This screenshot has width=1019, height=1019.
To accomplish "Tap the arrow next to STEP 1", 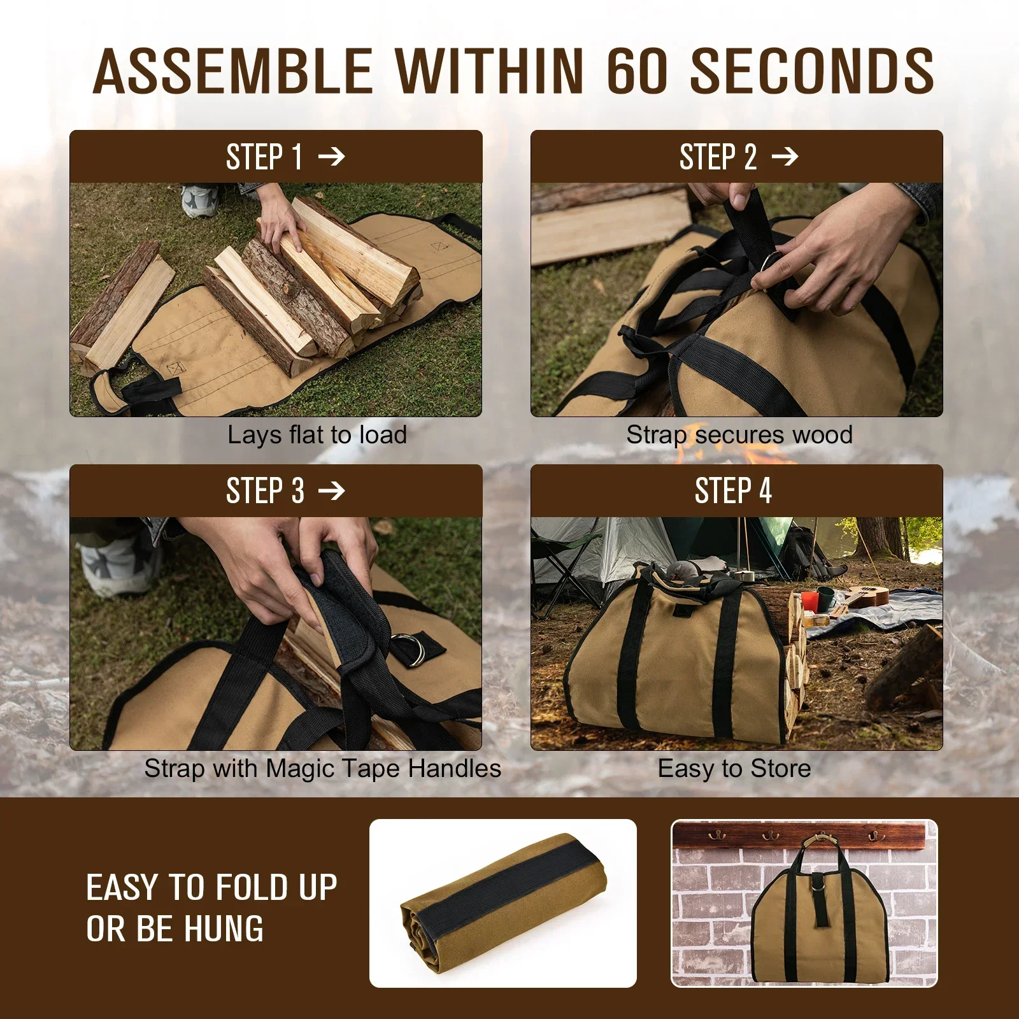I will click(331, 156).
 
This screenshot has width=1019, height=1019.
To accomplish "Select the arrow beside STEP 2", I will click(785, 156).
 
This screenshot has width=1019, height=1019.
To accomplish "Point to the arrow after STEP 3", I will click(331, 490).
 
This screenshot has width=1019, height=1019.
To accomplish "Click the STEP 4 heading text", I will click(733, 490).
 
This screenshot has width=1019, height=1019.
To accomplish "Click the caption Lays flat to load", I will click(317, 435).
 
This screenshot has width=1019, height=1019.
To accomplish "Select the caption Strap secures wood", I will click(739, 435).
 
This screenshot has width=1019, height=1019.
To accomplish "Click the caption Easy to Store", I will click(734, 768).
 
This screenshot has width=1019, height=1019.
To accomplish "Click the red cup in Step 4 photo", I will click(809, 600).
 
